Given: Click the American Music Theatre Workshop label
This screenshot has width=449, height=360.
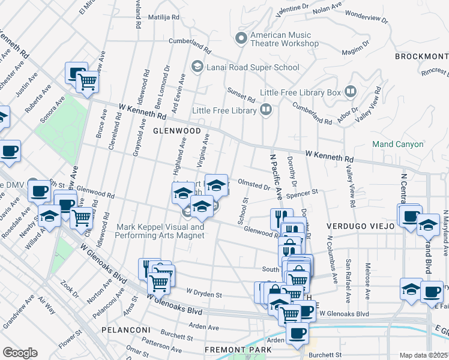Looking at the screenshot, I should (285, 40).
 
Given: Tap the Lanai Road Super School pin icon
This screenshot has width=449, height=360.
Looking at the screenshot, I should (197, 67).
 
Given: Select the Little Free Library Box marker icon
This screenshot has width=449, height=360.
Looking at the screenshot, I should (351, 92).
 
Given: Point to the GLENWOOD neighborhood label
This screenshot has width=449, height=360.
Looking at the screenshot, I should (176, 130).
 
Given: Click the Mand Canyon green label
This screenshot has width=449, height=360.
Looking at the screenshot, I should (398, 144).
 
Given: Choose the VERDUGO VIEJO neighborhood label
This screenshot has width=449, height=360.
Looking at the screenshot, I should (360, 226).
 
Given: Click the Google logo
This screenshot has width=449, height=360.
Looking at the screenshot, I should (20, 353).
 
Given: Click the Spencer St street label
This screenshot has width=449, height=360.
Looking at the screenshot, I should (301, 194).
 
